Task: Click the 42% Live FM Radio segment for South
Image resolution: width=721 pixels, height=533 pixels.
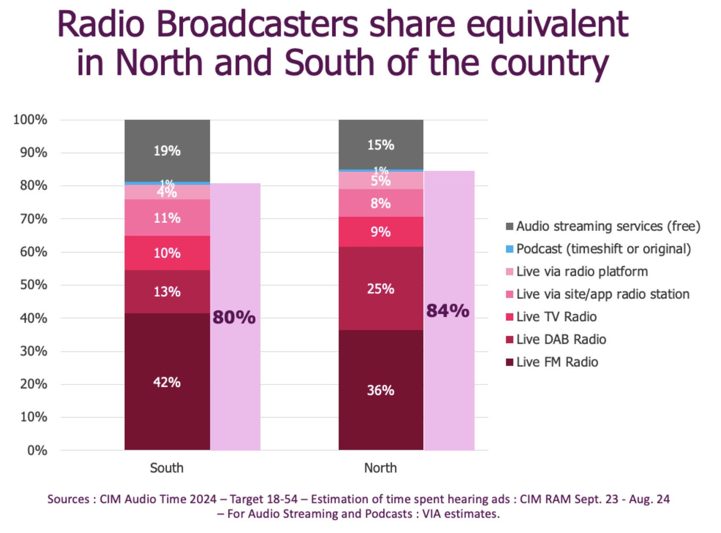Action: point(167,382)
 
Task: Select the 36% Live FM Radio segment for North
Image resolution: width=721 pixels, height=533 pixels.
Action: point(381,390)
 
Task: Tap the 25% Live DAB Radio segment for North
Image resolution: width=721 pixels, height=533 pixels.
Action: point(381,288)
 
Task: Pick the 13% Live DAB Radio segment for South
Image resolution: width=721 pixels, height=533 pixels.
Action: point(167,291)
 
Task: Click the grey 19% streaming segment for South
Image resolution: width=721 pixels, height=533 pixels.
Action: point(167,151)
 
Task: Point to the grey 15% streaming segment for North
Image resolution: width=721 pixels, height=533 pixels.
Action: point(381,145)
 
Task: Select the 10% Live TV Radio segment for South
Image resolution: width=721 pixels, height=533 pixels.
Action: point(167,253)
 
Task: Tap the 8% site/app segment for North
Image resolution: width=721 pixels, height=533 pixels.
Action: point(381,203)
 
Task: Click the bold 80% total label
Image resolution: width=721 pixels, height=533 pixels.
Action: point(234,317)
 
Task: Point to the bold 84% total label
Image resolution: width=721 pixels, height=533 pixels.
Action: point(448,310)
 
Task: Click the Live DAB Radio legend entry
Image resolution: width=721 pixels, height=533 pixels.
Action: point(561,339)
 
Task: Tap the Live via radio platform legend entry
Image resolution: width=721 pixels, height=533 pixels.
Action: point(581,272)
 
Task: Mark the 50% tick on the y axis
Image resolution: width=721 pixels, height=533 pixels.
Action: point(33,285)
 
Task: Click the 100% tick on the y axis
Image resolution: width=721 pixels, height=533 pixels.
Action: point(30,120)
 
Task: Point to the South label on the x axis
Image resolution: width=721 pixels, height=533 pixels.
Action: point(167,468)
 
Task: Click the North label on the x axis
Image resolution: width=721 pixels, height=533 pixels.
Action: point(380,468)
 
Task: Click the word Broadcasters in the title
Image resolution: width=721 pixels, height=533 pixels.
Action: point(257,25)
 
